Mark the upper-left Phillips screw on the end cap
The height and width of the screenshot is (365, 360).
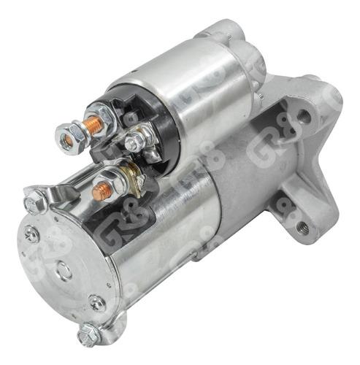(x=31, y=235)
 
